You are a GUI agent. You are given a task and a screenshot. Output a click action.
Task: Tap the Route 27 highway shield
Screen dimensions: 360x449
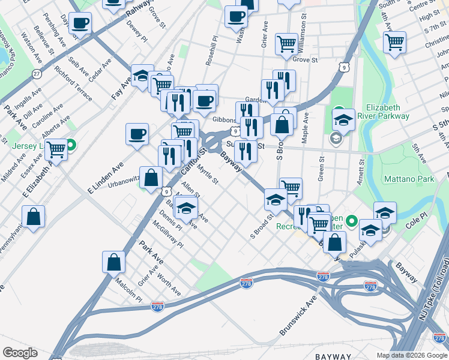(x=37, y=73)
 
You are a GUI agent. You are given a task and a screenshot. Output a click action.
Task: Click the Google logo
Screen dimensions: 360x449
(x=19, y=353)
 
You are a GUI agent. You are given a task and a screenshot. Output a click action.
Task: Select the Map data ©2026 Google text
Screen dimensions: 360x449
(x=412, y=355)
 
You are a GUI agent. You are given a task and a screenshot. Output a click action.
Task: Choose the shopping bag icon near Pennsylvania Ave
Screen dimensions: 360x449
(x=33, y=216)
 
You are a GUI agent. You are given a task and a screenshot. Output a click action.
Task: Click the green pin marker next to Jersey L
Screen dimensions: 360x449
(x=71, y=145)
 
